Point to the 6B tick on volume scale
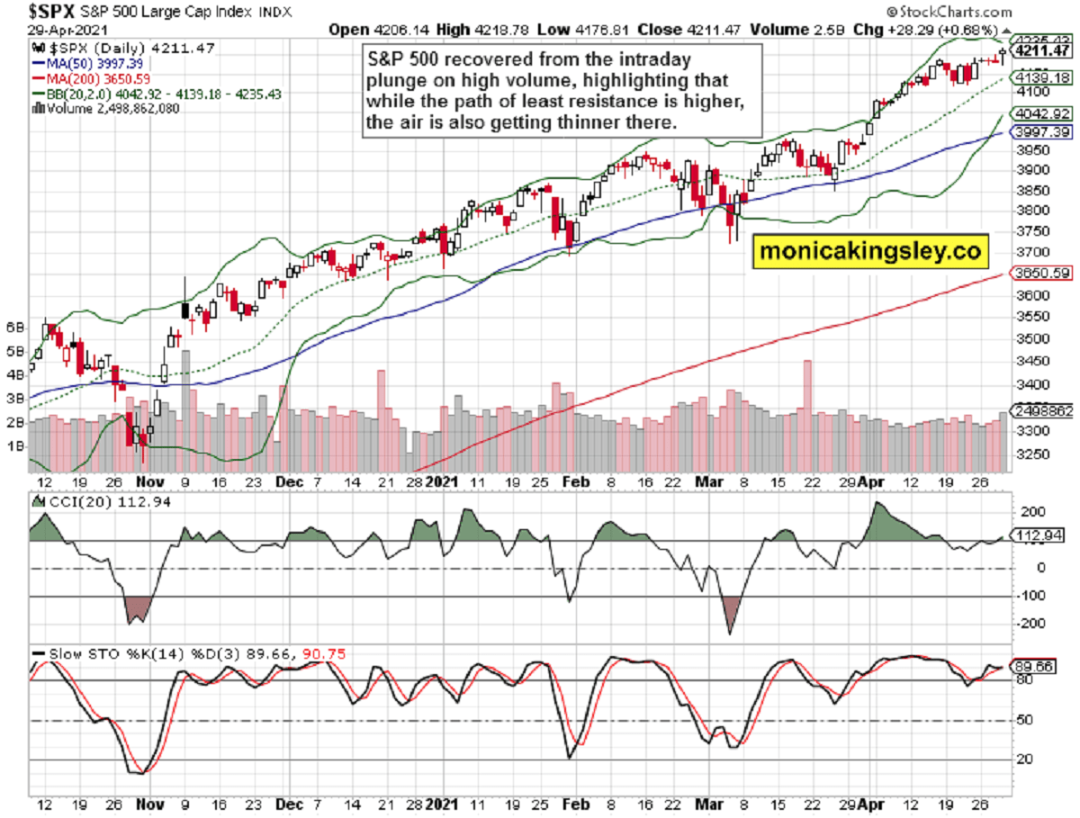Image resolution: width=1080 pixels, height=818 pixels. (16, 327)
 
